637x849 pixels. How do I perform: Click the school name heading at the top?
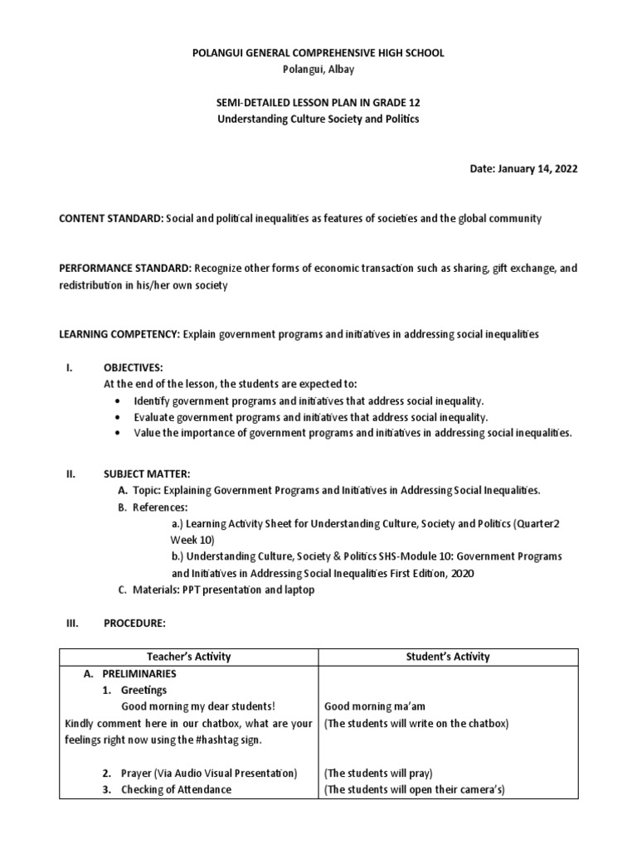(x=318, y=53)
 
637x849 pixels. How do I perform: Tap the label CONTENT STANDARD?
(x=110, y=218)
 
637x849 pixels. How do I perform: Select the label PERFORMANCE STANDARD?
(x=124, y=269)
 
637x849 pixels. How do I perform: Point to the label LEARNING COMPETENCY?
(x=119, y=334)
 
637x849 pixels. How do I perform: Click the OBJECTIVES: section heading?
(x=134, y=367)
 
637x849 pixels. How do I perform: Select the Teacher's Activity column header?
(x=188, y=657)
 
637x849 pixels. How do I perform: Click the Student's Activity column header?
(x=448, y=657)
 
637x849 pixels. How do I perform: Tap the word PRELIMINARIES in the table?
(x=140, y=674)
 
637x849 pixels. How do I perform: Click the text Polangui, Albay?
(x=318, y=70)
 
